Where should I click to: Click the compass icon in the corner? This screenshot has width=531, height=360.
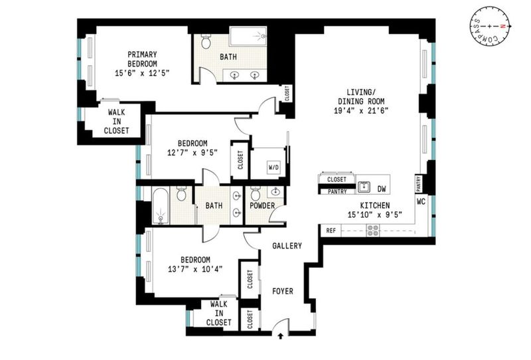coord(490,26)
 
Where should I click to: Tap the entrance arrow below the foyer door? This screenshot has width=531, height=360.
coord(280,336)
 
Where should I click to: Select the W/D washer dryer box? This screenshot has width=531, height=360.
coord(274,167)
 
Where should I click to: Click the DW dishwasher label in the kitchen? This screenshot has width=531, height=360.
coord(382,189)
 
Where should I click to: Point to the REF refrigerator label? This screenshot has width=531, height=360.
coord(331,230)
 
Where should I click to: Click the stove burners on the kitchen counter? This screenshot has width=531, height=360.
coord(373,230)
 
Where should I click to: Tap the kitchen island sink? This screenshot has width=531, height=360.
coord(364,187)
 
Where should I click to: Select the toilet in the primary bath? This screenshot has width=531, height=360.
coord(206,41)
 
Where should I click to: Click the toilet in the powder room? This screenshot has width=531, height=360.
coord(255,193)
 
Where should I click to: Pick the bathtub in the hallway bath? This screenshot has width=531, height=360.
coord(161,206)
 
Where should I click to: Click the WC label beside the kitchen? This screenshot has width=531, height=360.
coord(421,202)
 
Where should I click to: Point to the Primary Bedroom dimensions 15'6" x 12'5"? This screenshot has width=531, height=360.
coord(142,73)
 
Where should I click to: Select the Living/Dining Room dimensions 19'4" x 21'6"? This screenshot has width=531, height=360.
coord(361,110)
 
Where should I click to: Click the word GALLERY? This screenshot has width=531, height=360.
coord(287,245)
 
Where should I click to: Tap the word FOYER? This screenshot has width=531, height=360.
coord(283,291)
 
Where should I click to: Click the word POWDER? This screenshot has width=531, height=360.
coord(262,206)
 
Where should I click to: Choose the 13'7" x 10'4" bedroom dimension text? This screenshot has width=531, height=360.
coord(195,269)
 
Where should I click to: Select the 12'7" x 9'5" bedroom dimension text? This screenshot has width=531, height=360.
coord(192,153)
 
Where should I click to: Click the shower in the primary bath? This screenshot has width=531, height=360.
coord(248,37)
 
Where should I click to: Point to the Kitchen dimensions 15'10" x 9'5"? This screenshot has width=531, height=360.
coord(375,215)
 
